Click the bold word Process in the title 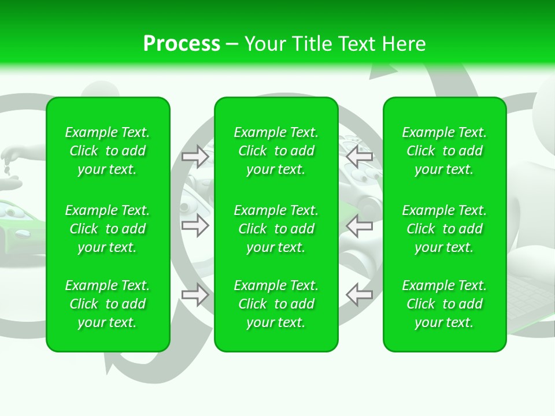(x=182, y=44)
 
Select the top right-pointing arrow (x=195, y=157)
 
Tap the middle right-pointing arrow (x=195, y=226)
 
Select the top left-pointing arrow (x=360, y=157)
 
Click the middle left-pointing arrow (x=360, y=226)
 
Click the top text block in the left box (x=107, y=151)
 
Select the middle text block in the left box (x=107, y=229)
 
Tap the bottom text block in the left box (x=107, y=304)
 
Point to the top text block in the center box (x=276, y=151)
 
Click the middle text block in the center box (x=276, y=229)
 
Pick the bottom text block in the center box (x=276, y=304)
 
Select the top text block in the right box (x=444, y=151)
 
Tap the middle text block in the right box (x=444, y=229)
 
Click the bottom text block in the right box (x=444, y=304)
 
